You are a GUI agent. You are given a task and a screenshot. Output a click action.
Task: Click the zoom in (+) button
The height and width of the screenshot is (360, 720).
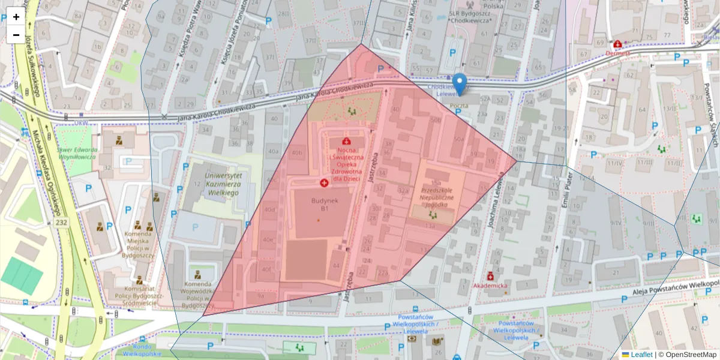(16, 17)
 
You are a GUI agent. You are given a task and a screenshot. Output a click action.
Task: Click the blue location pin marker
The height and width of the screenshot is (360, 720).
(460, 84)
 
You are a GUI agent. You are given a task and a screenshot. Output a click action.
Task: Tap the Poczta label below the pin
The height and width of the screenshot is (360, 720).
(459, 105)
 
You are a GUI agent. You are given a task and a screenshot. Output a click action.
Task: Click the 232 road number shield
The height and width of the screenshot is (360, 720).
(61, 223)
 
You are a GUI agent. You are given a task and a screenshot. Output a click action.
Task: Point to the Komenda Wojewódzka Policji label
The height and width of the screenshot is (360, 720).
(197, 294)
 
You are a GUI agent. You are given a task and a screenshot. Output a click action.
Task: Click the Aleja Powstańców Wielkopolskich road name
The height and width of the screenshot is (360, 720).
(675, 289)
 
